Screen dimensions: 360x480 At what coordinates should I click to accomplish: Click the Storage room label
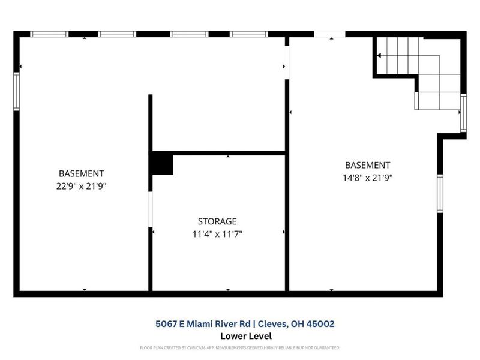click(x=217, y=221)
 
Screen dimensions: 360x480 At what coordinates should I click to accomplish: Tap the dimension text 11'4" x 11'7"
click(x=217, y=234)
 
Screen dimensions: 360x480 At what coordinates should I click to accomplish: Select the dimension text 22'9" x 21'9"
click(x=81, y=186)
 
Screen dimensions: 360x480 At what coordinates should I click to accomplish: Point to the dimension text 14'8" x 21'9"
click(x=367, y=178)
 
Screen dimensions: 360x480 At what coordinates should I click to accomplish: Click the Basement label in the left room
click(x=81, y=173)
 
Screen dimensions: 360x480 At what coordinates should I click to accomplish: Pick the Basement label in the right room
click(x=367, y=165)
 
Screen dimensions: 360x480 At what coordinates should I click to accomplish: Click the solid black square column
click(x=162, y=164)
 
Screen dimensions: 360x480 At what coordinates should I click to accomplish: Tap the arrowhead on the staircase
click(x=379, y=56)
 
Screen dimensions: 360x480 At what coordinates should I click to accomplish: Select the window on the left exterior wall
click(x=17, y=91)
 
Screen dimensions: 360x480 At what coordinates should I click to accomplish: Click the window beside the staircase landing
click(x=463, y=113)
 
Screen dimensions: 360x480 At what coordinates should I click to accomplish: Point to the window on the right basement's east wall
click(x=440, y=194)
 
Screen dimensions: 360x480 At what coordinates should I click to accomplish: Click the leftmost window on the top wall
click(x=49, y=34)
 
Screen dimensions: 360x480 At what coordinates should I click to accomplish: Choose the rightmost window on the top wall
click(x=248, y=34)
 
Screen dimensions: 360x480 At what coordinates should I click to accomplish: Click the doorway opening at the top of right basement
click(x=329, y=34)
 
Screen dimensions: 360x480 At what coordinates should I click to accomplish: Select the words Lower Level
click(x=246, y=337)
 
